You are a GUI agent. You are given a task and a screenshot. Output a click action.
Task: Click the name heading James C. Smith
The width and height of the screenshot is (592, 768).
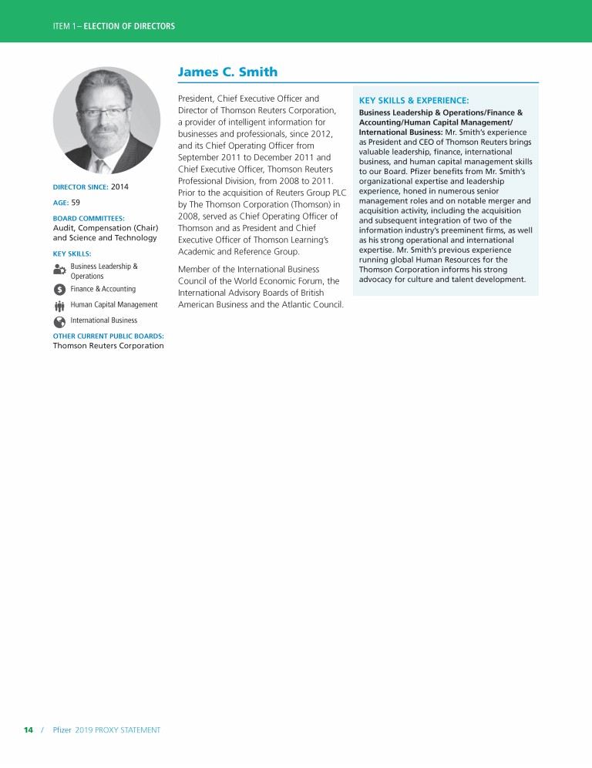click(227, 72)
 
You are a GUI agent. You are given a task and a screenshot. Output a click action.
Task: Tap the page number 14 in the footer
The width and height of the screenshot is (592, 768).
click(29, 729)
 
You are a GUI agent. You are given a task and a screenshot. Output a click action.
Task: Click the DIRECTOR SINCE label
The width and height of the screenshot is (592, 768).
click(80, 187)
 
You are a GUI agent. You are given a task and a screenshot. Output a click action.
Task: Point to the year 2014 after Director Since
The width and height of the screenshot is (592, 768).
click(119, 187)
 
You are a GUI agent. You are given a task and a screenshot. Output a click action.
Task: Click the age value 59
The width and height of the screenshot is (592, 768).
click(76, 203)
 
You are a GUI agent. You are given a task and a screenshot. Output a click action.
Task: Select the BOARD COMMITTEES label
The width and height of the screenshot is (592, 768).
click(89, 218)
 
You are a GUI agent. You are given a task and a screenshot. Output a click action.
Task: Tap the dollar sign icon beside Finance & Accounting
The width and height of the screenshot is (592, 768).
click(59, 290)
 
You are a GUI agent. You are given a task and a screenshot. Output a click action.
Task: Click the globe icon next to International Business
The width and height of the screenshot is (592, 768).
click(59, 320)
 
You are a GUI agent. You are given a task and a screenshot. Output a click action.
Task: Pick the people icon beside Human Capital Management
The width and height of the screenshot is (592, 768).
click(59, 305)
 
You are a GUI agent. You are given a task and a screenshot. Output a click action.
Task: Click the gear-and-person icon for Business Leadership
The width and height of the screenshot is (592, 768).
click(59, 270)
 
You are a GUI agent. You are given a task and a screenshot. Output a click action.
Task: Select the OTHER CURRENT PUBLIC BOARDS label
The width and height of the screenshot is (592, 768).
click(108, 336)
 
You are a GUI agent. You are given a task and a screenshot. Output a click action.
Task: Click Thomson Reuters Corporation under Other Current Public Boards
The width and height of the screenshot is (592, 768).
click(108, 346)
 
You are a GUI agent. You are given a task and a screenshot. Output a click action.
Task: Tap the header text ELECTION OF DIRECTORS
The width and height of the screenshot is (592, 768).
click(129, 26)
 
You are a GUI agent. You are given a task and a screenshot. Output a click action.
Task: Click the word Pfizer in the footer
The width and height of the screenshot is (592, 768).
click(62, 729)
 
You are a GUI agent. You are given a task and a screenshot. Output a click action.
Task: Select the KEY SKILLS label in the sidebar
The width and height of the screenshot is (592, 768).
click(72, 253)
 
